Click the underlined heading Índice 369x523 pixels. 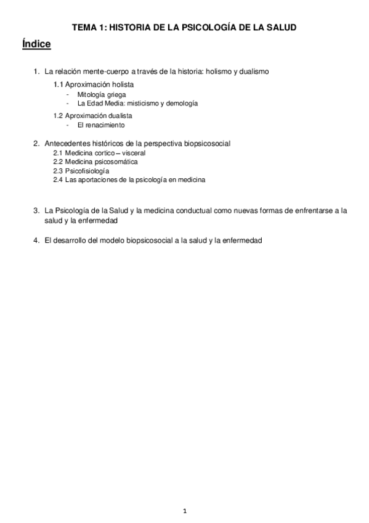tap(36, 44)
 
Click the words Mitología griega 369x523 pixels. tap(102, 95)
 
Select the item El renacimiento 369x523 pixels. tap(101, 125)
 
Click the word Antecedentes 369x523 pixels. tap(68, 143)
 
